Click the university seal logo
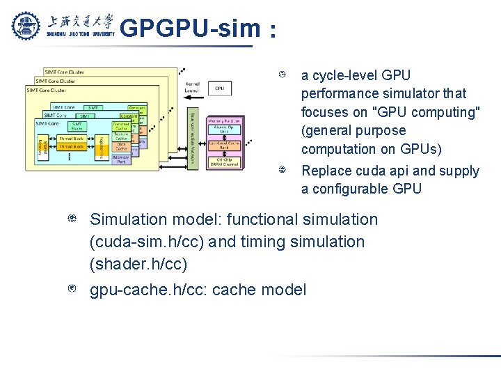27,26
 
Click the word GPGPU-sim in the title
188,29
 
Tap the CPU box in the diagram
219,88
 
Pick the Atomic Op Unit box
225,131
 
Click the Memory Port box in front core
121,159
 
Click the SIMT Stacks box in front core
77,126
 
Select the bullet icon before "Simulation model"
72,219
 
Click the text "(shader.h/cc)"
137,265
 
